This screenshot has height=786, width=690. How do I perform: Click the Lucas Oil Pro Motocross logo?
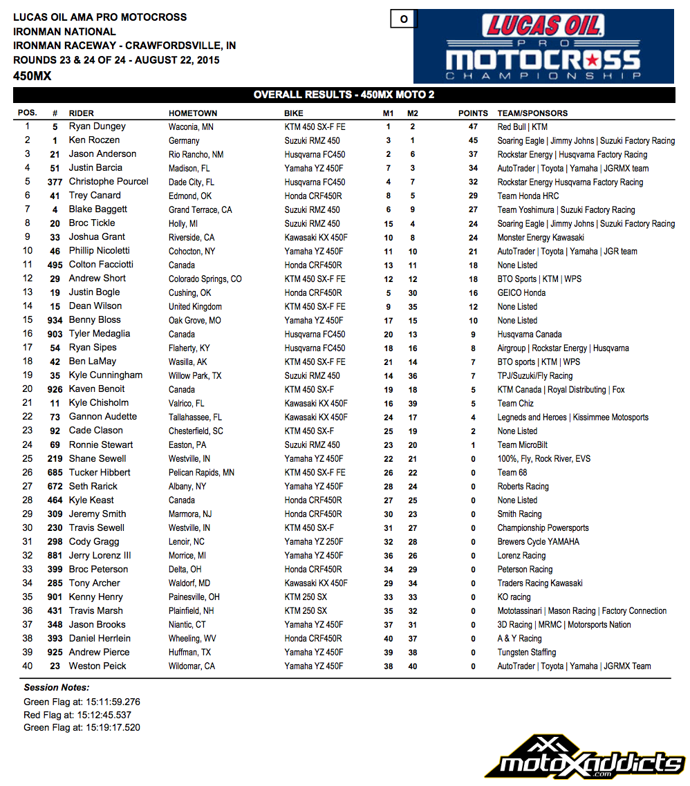click(x=543, y=46)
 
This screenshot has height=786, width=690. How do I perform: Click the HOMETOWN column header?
click(x=193, y=113)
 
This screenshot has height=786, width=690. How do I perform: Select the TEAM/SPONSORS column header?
click(x=532, y=113)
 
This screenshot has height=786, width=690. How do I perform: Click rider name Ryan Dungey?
click(x=97, y=127)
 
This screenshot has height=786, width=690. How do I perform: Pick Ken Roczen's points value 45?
click(x=473, y=140)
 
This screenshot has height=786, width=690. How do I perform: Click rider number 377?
click(x=55, y=182)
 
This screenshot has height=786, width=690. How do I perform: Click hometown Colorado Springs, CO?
click(x=205, y=279)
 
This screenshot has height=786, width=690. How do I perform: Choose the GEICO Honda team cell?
click(x=521, y=293)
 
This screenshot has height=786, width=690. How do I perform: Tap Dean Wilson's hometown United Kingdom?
click(x=195, y=307)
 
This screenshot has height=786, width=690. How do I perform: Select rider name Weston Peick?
click(x=97, y=666)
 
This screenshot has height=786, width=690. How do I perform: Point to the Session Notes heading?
click(x=57, y=688)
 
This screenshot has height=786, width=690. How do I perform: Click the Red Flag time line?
click(x=77, y=715)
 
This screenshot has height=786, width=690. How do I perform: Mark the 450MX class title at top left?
click(x=32, y=76)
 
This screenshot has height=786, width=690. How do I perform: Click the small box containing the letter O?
click(x=404, y=19)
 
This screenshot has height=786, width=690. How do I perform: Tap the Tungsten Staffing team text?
click(x=527, y=653)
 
